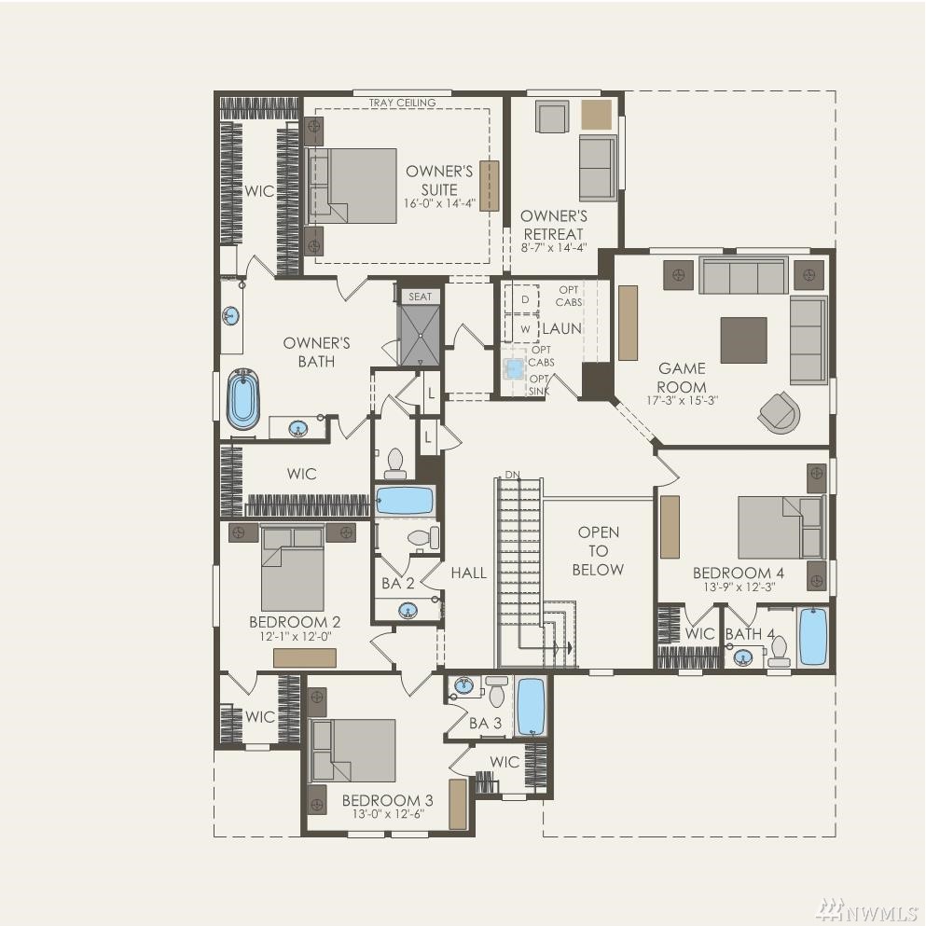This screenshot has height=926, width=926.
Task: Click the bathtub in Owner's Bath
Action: click(242, 399)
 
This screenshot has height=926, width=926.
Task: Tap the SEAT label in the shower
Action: click(420, 297)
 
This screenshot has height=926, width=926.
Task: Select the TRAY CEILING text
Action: click(402, 103)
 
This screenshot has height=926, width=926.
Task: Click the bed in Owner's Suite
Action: click(352, 186)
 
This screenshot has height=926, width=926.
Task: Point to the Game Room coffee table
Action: click(743, 339)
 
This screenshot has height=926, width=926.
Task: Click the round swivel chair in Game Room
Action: click(780, 411)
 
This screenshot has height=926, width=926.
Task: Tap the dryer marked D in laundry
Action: click(522, 299)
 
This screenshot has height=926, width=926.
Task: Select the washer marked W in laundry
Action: click(522, 329)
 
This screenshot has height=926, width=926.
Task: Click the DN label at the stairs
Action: click(513, 475)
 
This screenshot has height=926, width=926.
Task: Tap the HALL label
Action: click(469, 573)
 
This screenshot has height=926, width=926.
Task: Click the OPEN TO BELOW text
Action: click(598, 551)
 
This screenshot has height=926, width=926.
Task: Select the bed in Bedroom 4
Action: click(781, 528)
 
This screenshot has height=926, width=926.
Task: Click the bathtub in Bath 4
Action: click(812, 637)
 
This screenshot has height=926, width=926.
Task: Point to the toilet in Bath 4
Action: click(779, 650)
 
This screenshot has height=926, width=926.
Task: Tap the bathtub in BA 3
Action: click(531, 706)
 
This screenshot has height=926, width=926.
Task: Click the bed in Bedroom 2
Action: click(292, 569)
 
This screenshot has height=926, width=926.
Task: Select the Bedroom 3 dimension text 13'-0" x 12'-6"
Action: click(388, 814)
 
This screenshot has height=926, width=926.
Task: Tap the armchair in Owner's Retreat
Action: click(552, 117)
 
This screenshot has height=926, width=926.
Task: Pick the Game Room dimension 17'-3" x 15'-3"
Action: click(682, 400)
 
